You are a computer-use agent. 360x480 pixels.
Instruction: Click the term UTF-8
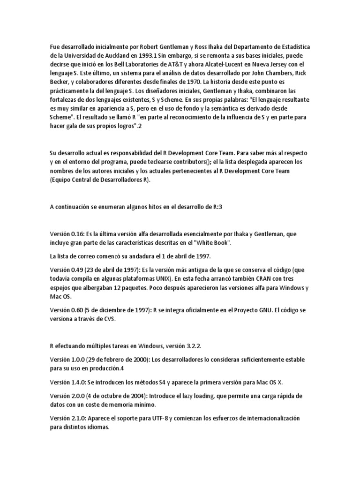point(151,418)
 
